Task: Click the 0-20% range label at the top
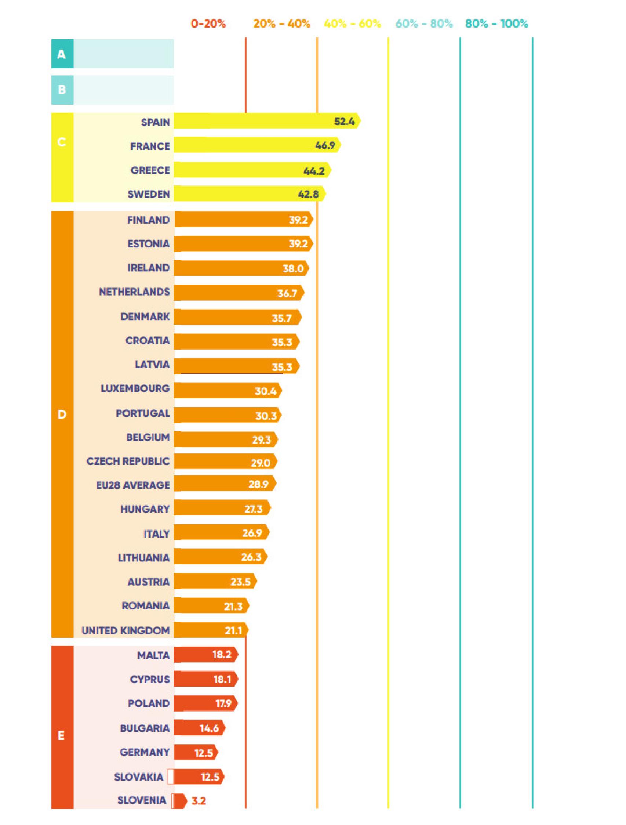208,23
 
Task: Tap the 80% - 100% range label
496,23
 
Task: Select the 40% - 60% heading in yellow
352,23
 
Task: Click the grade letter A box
62,54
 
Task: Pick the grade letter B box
62,90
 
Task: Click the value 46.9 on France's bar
325,145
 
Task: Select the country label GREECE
150,170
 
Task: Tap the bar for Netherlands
231,293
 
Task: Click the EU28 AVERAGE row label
133,485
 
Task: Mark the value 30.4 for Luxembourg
265,391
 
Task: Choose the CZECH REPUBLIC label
128,461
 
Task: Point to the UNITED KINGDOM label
125,630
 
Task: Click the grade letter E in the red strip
61,735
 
